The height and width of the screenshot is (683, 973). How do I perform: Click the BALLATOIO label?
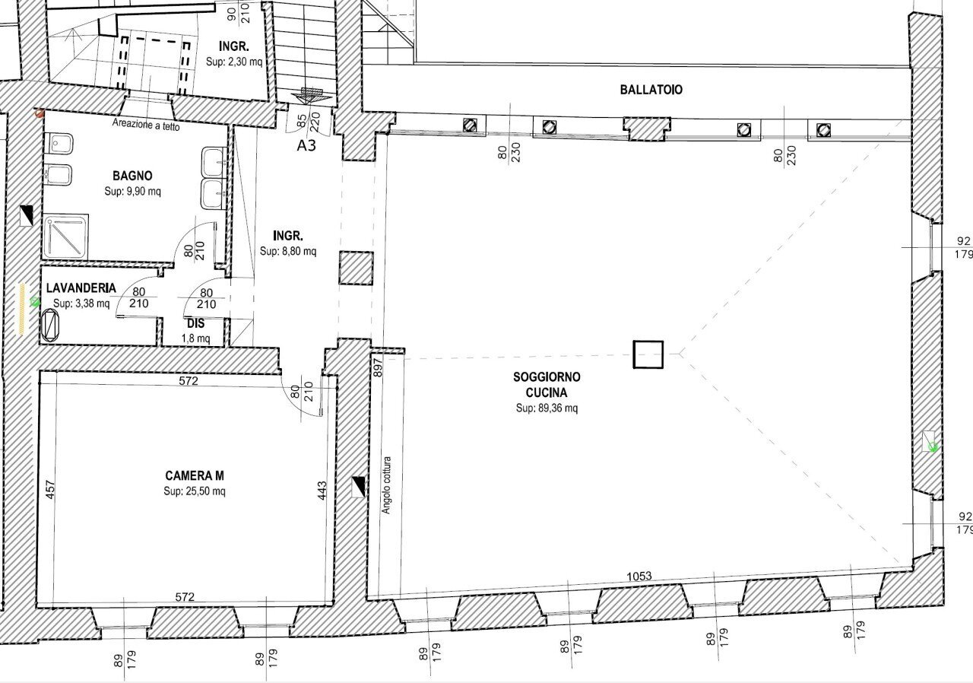651,90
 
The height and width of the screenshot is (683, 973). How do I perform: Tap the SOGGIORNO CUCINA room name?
547,384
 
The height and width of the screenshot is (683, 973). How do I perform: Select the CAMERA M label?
195,476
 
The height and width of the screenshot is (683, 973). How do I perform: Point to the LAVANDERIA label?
81,288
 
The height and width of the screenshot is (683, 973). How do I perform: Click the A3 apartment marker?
307,145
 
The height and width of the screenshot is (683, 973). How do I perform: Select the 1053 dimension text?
639,576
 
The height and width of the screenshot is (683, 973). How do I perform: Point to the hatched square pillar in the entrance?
355,268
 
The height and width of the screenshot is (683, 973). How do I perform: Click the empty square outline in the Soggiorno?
648,354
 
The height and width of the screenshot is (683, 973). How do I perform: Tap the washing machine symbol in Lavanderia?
51,325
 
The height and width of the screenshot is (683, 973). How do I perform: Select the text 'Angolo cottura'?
386,485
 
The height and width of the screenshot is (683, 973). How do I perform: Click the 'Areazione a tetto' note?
146,126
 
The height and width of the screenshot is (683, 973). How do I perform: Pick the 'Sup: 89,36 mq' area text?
547,408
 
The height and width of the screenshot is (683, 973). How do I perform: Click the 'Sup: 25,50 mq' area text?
195,491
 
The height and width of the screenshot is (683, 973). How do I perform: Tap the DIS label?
195,323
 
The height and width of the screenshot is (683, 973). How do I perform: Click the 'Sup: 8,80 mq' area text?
288,251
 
